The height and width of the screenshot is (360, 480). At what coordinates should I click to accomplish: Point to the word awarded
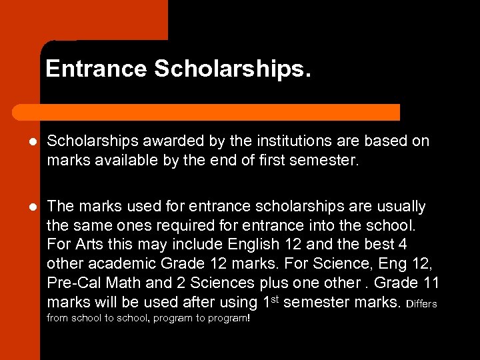point(163,141)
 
